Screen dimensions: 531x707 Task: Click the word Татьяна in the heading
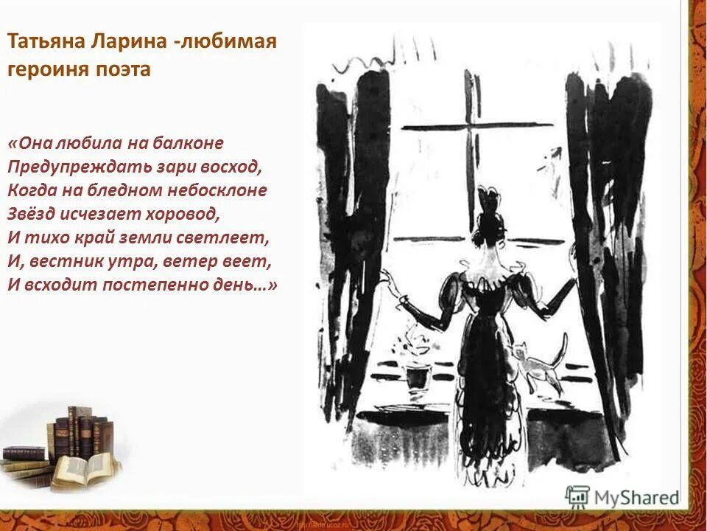tap(46, 42)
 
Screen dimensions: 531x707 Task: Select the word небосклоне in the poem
tap(219, 190)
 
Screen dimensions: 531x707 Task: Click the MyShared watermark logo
tap(622, 498)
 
